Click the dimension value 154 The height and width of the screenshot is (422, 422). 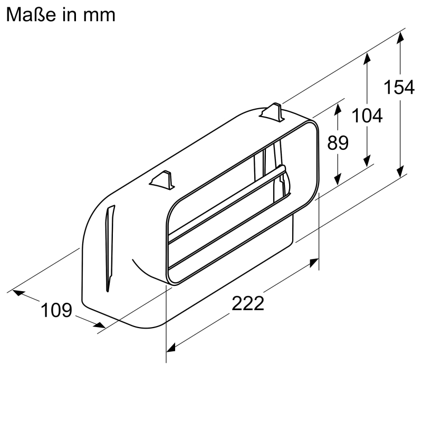(x=399, y=87)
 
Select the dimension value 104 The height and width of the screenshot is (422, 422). (x=367, y=115)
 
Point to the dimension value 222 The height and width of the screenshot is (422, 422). (x=247, y=303)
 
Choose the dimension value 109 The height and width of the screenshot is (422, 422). (x=56, y=310)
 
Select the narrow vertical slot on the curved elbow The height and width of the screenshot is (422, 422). (x=109, y=248)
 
